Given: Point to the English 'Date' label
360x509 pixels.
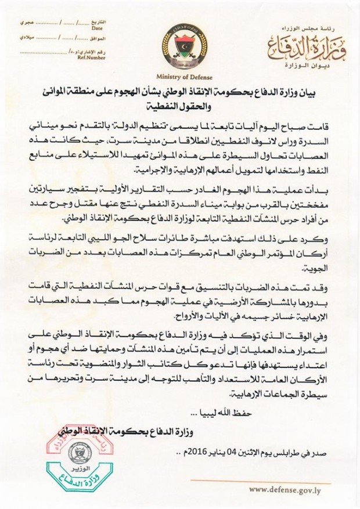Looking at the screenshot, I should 97,27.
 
